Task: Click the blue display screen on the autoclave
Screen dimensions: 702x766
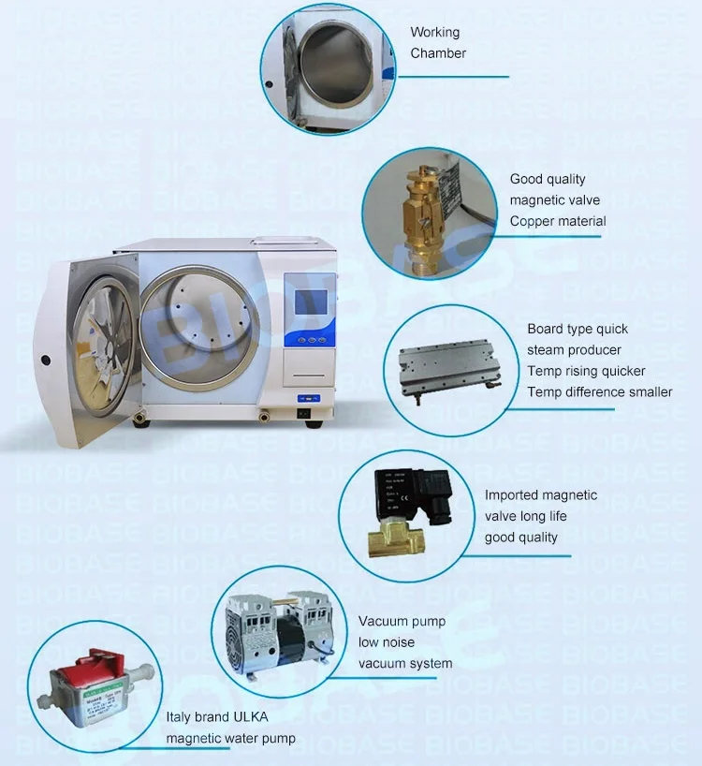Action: click(310, 302)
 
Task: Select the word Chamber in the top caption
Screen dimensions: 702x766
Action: click(438, 53)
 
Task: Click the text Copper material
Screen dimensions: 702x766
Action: click(558, 222)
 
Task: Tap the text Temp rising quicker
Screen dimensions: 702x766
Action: click(586, 371)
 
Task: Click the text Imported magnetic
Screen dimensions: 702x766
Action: click(540, 495)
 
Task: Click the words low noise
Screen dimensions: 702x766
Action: click(387, 642)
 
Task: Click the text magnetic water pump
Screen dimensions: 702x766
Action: click(231, 739)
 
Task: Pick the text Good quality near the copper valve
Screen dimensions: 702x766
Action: click(548, 179)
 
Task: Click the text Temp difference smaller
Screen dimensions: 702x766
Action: click(599, 391)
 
